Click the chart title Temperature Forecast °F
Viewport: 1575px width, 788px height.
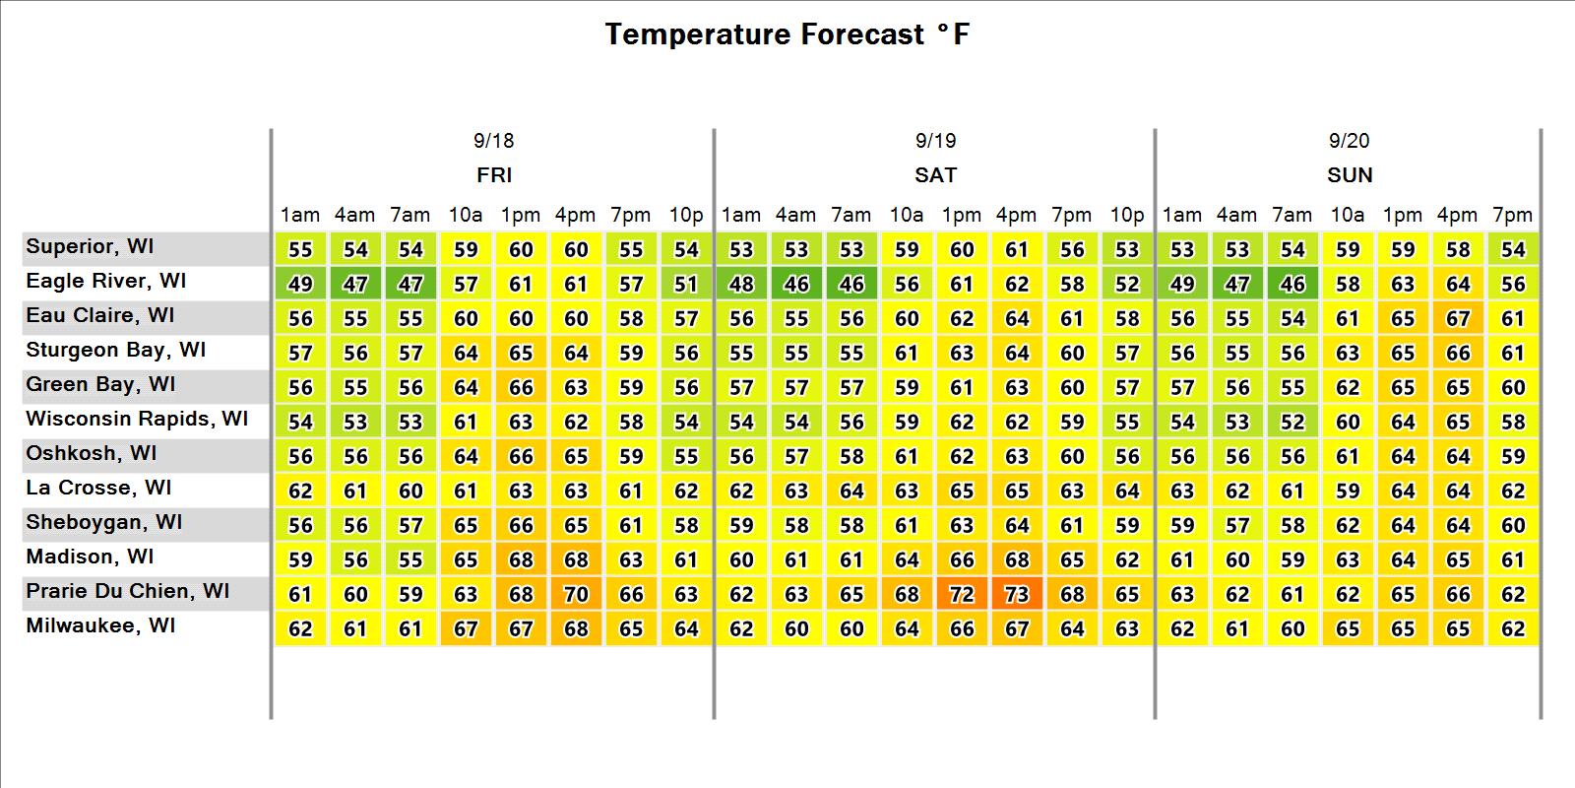787,33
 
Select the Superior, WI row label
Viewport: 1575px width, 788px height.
90,246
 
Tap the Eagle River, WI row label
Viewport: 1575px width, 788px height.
105,281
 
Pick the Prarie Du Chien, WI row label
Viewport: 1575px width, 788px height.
127,591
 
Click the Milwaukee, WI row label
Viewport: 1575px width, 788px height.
100,625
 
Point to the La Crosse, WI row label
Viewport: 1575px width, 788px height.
98,488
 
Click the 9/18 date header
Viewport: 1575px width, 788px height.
493,141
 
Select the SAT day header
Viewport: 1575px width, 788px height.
935,174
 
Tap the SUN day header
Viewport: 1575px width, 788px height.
1350,174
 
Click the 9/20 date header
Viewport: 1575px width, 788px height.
1350,141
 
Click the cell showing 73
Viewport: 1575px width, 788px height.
1017,595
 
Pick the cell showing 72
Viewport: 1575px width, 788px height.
961,595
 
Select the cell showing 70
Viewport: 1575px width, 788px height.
576,595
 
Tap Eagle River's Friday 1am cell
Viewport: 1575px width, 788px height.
300,285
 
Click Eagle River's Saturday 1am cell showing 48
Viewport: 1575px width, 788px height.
741,285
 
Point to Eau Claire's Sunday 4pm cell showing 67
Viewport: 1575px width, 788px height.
1458,319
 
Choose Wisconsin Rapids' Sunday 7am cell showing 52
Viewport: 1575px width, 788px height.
1292,423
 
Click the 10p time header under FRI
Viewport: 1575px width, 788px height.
685,215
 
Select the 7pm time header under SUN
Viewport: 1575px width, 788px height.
1512,215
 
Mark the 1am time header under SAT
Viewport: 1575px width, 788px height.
741,215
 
